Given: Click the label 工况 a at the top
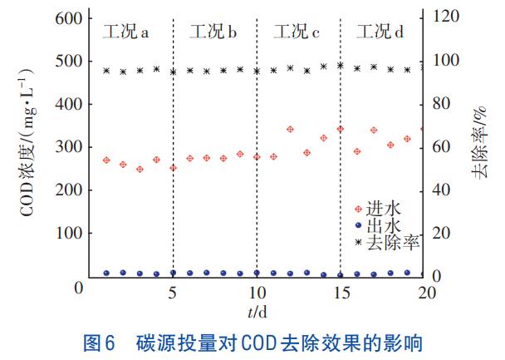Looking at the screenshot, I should (x=125, y=33).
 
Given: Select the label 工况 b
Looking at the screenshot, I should (x=213, y=33).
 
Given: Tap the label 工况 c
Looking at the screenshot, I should (x=297, y=33).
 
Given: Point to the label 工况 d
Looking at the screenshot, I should (x=380, y=33).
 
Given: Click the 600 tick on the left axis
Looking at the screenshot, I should (x=70, y=18).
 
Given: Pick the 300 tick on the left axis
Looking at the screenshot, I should (x=70, y=147).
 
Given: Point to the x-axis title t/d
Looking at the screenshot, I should (x=257, y=313).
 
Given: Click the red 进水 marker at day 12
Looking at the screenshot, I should (x=290, y=130).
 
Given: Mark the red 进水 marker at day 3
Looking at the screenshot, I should (x=140, y=169).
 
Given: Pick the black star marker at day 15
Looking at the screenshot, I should (x=340, y=65).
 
